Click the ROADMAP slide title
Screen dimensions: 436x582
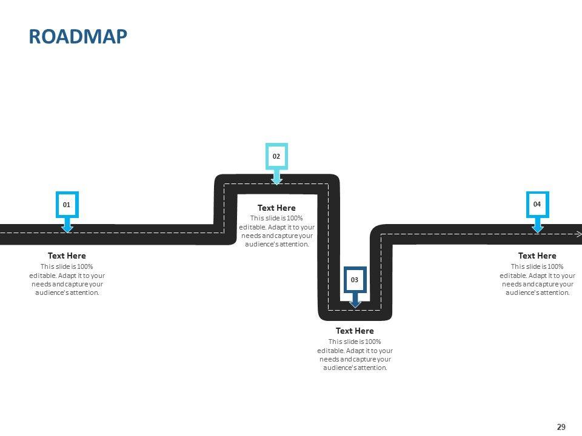coord(78,37)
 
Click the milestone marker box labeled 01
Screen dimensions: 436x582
coord(67,205)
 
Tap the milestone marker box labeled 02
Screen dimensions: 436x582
coord(276,156)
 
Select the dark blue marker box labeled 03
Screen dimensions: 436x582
coord(355,280)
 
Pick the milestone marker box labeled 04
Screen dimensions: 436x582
coord(537,205)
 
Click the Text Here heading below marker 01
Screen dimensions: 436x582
coord(67,256)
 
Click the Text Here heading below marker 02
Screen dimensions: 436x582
coord(276,208)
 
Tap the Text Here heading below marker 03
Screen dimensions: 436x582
coord(355,331)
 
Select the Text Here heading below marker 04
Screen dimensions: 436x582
coord(537,256)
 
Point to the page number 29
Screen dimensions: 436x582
coord(561,427)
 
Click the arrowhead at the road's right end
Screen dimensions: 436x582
coord(579,234)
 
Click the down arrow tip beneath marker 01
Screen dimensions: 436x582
coord(67,229)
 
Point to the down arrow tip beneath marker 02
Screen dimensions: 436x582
coord(276,180)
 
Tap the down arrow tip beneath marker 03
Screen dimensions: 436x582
coord(355,304)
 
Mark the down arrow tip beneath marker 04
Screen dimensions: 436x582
coord(537,229)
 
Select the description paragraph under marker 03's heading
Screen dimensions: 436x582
coord(355,355)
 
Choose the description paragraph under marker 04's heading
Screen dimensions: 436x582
coord(537,280)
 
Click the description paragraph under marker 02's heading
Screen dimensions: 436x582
coord(276,231)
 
